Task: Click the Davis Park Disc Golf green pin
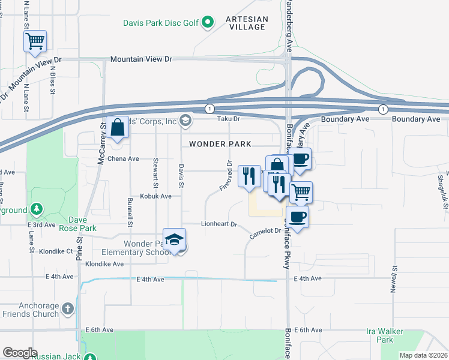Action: click(208, 23)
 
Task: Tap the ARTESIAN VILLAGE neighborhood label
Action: click(246, 23)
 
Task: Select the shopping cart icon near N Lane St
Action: click(35, 42)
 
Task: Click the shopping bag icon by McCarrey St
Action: click(119, 128)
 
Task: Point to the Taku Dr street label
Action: click(228, 119)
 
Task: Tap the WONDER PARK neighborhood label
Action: click(220, 144)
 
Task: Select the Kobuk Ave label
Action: click(156, 196)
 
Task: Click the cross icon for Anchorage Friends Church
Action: click(68, 308)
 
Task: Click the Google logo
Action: click(20, 353)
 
